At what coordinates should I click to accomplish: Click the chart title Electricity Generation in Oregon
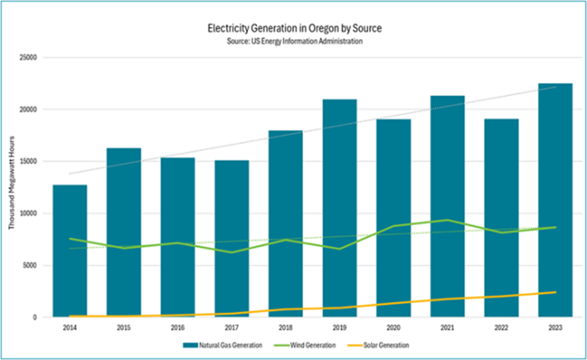[x=293, y=28]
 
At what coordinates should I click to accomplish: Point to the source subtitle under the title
[x=293, y=41]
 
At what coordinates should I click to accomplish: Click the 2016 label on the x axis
[x=178, y=327]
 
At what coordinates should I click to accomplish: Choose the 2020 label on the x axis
[x=393, y=327]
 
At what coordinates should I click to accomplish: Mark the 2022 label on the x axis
[x=501, y=327]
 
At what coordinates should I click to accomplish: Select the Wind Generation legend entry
[x=327, y=345]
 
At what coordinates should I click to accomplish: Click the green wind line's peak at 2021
[x=447, y=220]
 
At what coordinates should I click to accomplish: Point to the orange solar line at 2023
[x=555, y=293]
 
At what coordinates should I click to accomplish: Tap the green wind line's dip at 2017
[x=231, y=252]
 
